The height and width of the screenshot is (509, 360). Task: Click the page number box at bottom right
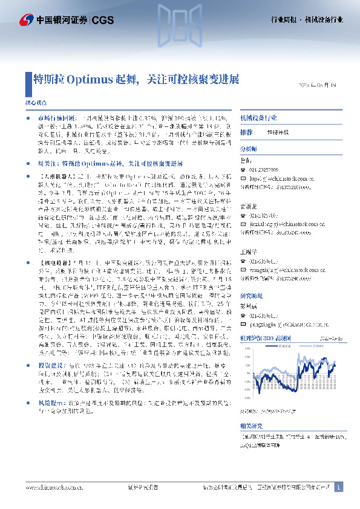339,487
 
